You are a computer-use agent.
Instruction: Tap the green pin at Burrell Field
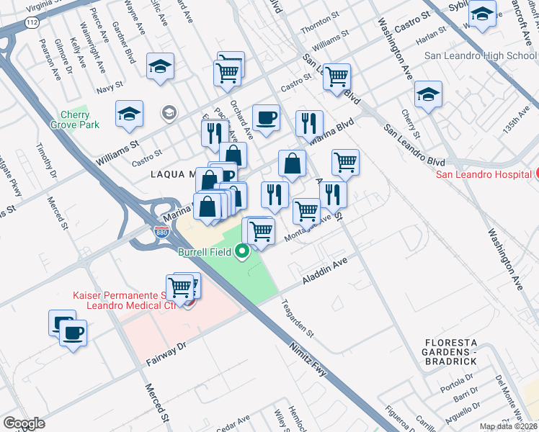tap(243, 252)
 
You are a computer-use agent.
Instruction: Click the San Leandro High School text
tap(480, 55)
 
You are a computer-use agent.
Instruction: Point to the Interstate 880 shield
tap(162, 232)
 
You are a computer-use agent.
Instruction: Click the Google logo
tap(24, 423)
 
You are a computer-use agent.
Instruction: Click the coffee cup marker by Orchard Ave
tap(266, 117)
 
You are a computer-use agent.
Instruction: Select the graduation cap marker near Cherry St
tap(428, 94)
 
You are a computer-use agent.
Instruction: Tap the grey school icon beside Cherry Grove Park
tap(169, 112)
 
